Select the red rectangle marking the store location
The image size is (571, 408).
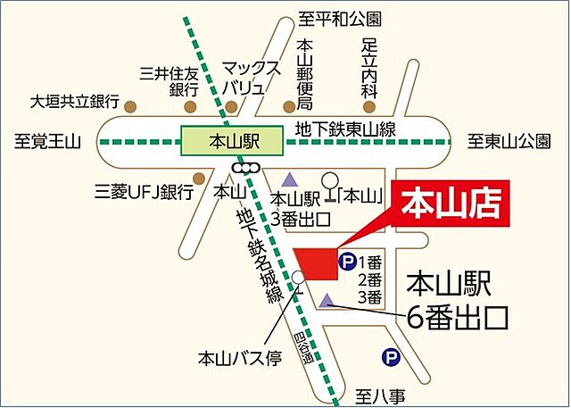(315, 262)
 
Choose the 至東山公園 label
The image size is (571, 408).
(511, 141)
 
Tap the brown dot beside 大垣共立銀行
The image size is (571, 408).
(130, 106)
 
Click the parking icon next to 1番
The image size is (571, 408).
(346, 262)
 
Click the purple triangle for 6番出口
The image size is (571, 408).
(329, 300)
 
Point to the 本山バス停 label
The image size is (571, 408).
(240, 359)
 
